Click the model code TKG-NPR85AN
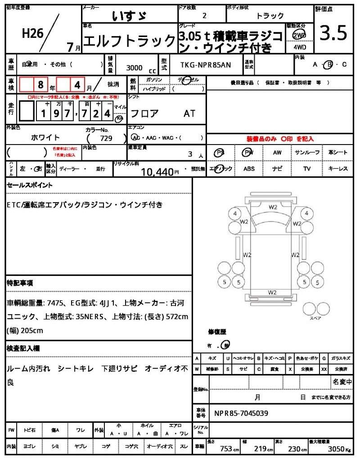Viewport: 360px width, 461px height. coord(202,65)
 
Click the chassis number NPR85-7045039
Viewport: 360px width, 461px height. coord(241,412)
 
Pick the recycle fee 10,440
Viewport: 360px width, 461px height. coord(157,172)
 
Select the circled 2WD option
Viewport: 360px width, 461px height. coord(298,35)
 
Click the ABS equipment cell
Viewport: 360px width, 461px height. coord(249,169)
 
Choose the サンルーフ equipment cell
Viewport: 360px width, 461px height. coord(307,153)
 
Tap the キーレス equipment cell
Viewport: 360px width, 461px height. coord(338,169)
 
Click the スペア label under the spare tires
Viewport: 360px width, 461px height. coord(315,318)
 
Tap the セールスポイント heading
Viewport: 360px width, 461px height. coord(30,185)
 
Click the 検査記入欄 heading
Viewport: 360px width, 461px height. coord(23,348)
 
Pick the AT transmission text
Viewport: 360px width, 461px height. coord(189,113)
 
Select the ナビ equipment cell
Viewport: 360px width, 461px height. coord(277,169)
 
